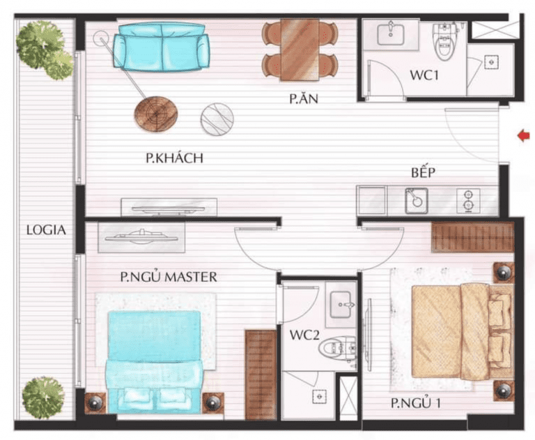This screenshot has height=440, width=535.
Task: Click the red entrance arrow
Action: [x=524, y=136]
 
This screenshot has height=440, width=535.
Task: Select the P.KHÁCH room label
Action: [x=174, y=158]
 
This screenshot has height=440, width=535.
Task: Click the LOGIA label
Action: [x=47, y=230]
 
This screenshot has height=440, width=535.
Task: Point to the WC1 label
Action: [x=424, y=75]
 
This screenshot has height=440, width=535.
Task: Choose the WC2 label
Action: [x=304, y=335]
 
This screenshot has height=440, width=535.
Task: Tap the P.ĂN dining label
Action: [x=304, y=98]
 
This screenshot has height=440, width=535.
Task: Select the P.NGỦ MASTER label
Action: [x=169, y=276]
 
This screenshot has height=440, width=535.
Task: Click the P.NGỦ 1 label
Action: [x=416, y=403]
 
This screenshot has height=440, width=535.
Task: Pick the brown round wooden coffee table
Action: [x=155, y=114]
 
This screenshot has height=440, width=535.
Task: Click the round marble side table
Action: [x=217, y=119]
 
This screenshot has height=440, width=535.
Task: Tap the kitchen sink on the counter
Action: [x=417, y=201]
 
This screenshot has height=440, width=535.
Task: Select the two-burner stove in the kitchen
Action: [x=468, y=201]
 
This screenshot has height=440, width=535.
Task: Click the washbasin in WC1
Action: [x=391, y=33]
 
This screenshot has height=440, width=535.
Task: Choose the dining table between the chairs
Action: [x=300, y=50]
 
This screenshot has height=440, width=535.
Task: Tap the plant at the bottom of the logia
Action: [x=44, y=398]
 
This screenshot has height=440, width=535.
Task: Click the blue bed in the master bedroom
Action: [x=155, y=362]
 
